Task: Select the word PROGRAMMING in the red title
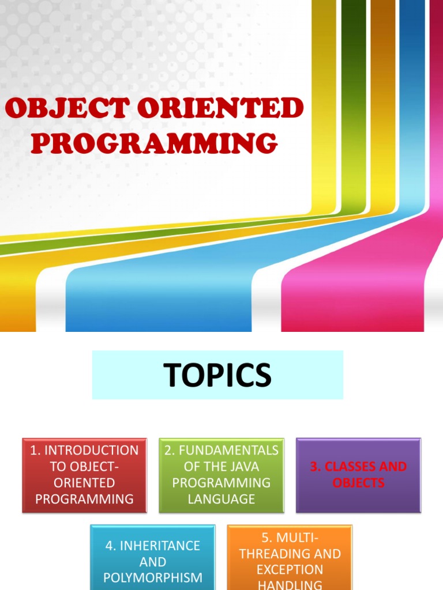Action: (x=155, y=143)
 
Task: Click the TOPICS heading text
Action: (x=217, y=375)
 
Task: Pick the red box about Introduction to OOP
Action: (x=84, y=475)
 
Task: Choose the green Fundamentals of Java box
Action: (x=221, y=475)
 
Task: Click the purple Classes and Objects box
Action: (x=358, y=475)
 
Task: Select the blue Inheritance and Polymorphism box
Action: (x=153, y=557)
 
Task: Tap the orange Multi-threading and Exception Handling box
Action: (x=290, y=557)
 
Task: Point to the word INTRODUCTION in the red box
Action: (x=92, y=451)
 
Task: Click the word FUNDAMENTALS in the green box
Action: (x=229, y=451)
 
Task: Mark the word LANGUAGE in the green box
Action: (x=221, y=499)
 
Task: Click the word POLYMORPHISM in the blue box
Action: (x=153, y=577)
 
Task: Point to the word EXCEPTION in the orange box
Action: (x=290, y=570)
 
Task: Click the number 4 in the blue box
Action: (x=109, y=545)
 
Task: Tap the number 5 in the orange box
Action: (x=266, y=538)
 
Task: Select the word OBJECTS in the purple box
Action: (x=358, y=483)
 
